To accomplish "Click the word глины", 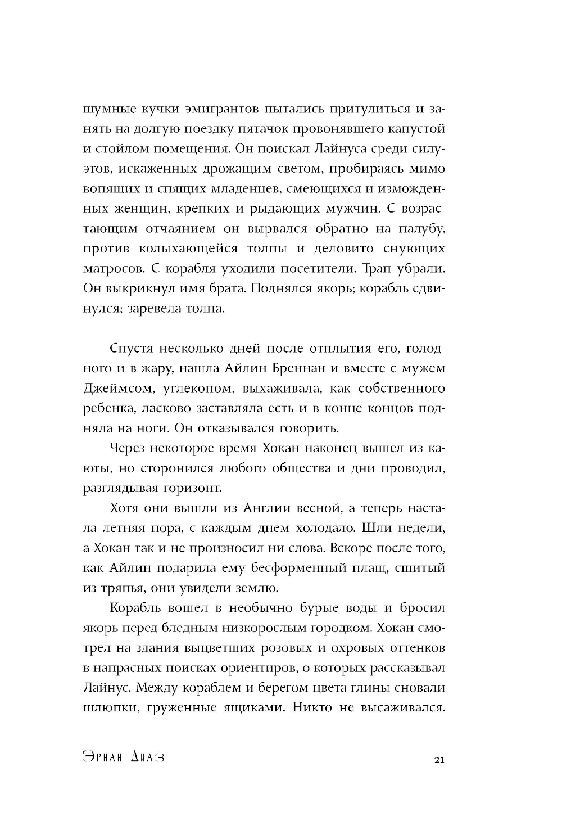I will click(386, 688).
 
